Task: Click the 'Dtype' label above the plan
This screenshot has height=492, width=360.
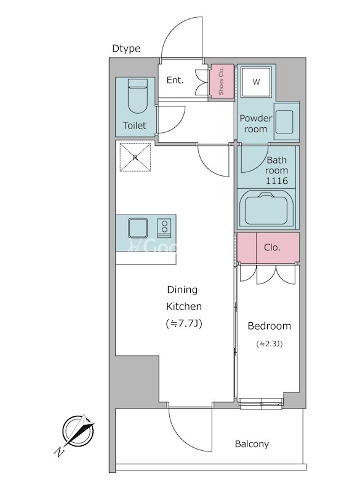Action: tap(126, 49)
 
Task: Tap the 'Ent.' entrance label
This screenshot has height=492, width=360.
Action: tap(175, 81)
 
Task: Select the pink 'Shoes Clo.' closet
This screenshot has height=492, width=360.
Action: tap(222, 81)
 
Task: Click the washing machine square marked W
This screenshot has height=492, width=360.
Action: tap(256, 82)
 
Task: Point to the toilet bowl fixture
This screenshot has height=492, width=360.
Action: tap(137, 96)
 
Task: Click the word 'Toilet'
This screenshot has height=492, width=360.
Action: tap(134, 125)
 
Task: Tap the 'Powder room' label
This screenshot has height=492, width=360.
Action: tap(256, 124)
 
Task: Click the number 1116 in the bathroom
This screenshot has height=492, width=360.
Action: tap(277, 180)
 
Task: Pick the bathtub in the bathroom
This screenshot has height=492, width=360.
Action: tap(267, 208)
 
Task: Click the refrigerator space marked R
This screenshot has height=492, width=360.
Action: tap(135, 157)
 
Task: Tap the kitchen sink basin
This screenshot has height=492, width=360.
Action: tap(138, 228)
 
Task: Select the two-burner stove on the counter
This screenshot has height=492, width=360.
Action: tap(164, 226)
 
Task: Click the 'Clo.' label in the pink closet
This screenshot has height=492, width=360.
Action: tap(272, 248)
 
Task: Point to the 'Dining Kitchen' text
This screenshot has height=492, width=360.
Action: tap(183, 298)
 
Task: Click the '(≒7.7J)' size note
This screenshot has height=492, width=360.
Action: tap(183, 323)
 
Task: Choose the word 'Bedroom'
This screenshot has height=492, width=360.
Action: tap(270, 326)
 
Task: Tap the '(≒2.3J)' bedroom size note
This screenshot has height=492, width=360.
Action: tap(270, 344)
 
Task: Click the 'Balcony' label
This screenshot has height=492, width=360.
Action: tap(252, 444)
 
